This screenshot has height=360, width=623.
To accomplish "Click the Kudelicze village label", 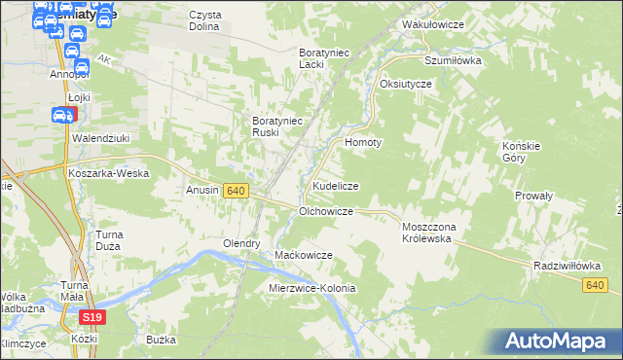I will click(336, 185).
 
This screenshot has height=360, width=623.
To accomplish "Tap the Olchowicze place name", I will click(325, 210).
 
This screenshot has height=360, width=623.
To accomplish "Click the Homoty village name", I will click(364, 141).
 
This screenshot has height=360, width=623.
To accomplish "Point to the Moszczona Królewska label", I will click(435, 233).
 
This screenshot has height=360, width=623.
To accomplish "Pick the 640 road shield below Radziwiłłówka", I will click(597, 284).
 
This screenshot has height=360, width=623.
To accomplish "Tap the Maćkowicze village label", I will click(304, 254).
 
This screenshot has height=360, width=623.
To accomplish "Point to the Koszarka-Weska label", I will click(108, 173).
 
